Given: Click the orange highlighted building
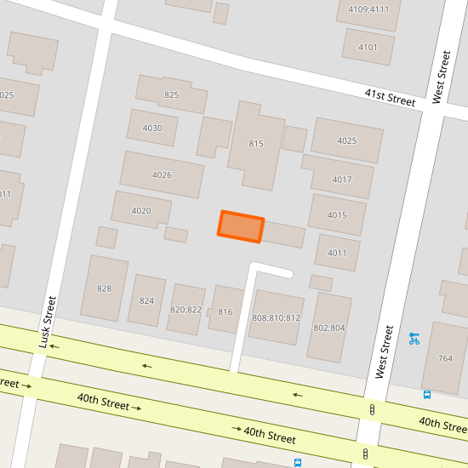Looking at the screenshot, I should pos(241,226).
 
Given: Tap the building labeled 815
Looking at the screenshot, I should pos(256,145).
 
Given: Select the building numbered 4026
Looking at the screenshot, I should pos(162,174).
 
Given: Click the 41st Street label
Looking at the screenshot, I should pos(390,97).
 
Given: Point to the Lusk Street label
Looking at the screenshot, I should pos(47,322).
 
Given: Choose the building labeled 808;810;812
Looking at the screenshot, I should pos(277,317).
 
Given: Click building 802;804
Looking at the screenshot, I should pos(329,328).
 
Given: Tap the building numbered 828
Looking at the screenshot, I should pos(104,288).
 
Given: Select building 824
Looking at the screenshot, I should pos(146,300).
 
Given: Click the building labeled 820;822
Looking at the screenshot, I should pos(185,309).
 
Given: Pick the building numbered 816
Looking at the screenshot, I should pos(225,312).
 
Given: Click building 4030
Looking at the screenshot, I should pos(152,128).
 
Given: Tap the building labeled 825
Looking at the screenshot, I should pos(172,94).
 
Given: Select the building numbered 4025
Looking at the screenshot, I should pos(347,140).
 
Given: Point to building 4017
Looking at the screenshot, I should pos(341,179).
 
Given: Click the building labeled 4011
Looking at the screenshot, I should pos(337,253).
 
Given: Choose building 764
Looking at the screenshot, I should pos(445,358).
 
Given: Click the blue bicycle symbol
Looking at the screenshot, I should pos(414,338).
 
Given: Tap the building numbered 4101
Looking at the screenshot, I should pos(368,47).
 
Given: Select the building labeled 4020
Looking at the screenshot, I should pos(141,210).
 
